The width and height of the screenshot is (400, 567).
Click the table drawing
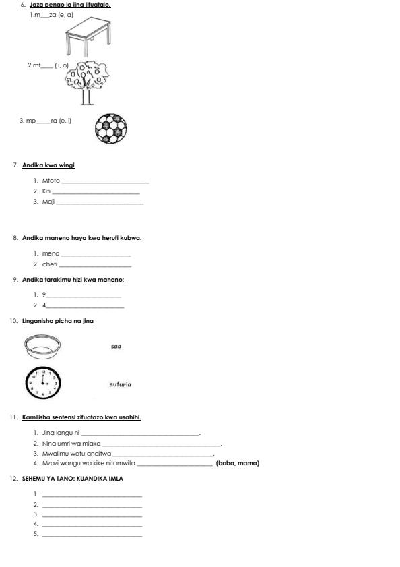click(x=87, y=36)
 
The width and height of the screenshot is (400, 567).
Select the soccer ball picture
click(x=110, y=128)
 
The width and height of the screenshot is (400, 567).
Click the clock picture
click(x=43, y=383)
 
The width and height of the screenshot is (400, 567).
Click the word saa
click(x=116, y=347)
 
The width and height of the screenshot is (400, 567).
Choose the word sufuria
click(x=121, y=384)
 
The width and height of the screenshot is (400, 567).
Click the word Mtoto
click(x=51, y=181)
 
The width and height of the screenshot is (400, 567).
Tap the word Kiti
click(x=46, y=191)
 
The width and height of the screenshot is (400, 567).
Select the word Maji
click(x=48, y=202)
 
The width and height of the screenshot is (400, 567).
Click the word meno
click(x=51, y=253)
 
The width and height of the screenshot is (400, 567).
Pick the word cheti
click(x=51, y=264)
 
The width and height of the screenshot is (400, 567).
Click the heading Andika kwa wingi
click(x=48, y=165)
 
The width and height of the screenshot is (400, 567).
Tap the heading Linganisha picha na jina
click(x=58, y=321)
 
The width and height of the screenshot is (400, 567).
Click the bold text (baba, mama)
click(x=238, y=463)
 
